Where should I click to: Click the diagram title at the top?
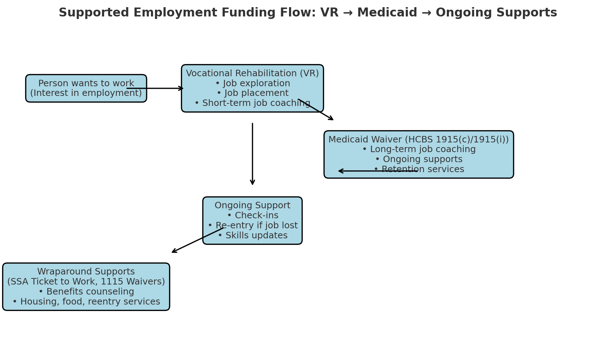pyautogui.click(x=308, y=13)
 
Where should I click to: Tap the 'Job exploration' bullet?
pyautogui.click(x=253, y=83)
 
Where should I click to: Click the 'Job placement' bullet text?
pyautogui.click(x=253, y=93)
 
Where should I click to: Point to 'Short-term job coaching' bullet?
pyautogui.click(x=253, y=103)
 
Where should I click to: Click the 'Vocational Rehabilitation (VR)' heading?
pyautogui.click(x=253, y=73)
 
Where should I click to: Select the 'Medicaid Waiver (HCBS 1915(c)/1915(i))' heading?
pyautogui.click(x=419, y=140)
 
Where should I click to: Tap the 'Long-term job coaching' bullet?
pyautogui.click(x=419, y=150)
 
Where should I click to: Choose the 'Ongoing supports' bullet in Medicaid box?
pyautogui.click(x=419, y=160)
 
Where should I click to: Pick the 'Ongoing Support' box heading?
pyautogui.click(x=253, y=206)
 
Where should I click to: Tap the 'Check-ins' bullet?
pyautogui.click(x=253, y=216)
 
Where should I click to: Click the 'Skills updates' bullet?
pyautogui.click(x=253, y=236)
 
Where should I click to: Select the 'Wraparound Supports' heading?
pyautogui.click(x=86, y=272)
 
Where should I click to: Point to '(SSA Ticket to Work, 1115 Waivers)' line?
pyautogui.click(x=86, y=282)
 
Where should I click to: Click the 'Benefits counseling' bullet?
pyautogui.click(x=86, y=292)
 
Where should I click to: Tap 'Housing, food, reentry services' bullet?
pyautogui.click(x=86, y=302)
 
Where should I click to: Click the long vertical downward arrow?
pyautogui.click(x=253, y=154)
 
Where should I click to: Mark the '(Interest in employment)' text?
pyautogui.click(x=86, y=93)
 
